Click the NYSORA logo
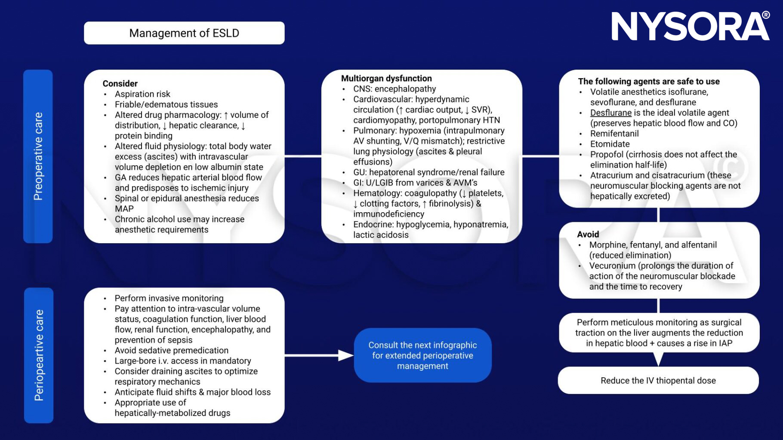pyautogui.click(x=690, y=27)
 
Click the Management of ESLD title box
pyautogui.click(x=184, y=33)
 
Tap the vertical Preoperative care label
pyautogui.click(x=38, y=156)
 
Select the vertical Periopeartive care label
pyautogui.click(x=39, y=355)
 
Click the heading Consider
pyautogui.click(x=120, y=84)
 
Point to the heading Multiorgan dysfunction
pyautogui.click(x=386, y=79)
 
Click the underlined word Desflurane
pyautogui.click(x=610, y=113)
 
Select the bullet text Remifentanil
pyautogui.click(x=614, y=134)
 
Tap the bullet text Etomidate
pyautogui.click(x=610, y=144)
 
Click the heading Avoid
pyautogui.click(x=588, y=235)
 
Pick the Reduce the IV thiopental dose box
pyautogui.click(x=658, y=381)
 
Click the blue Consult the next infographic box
pyautogui.click(x=422, y=355)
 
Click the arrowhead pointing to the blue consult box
pyautogui.click(x=345, y=355)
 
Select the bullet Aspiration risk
pyautogui.click(x=142, y=94)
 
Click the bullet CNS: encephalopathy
pyautogui.click(x=395, y=89)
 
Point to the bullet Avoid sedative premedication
pyautogui.click(x=171, y=351)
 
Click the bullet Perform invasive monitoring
pyautogui.click(x=169, y=299)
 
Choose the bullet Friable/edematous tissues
pyautogui.click(x=166, y=105)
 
